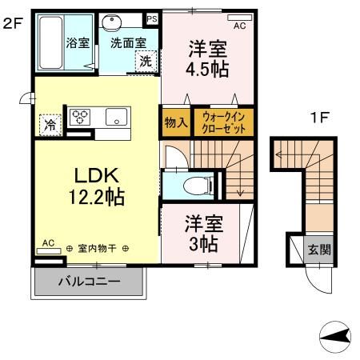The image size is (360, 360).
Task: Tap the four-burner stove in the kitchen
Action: point(81,117)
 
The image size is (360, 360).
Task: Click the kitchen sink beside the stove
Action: point(116,116)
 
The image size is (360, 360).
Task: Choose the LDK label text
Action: point(97,175)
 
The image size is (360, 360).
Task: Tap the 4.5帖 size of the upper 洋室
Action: point(207,68)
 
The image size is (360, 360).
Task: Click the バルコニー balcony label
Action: point(89,282)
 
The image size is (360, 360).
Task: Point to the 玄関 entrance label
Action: point(318,249)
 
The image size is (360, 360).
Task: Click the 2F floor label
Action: point(11,24)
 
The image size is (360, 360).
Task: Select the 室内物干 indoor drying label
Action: point(97,249)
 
